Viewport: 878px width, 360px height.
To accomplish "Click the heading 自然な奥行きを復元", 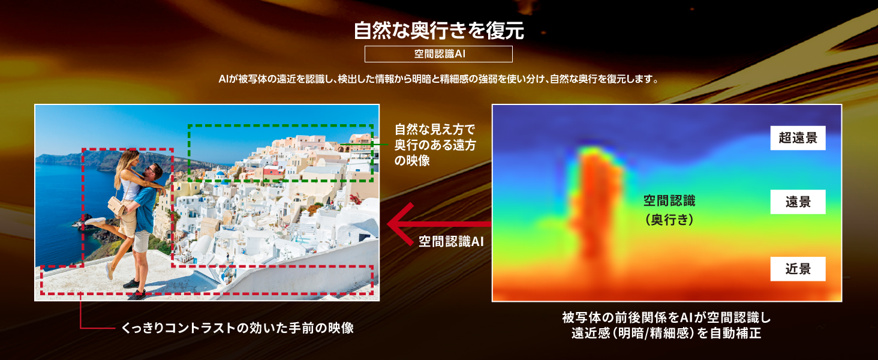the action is tap(438, 31).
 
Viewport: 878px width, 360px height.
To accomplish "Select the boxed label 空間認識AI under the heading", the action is tap(438, 54).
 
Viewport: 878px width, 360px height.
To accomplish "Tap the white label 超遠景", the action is tap(798, 138).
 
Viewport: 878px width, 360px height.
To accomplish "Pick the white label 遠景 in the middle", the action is tap(798, 202).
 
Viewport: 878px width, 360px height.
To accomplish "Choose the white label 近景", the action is tap(798, 269).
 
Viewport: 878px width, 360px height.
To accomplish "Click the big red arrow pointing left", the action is tap(438, 224).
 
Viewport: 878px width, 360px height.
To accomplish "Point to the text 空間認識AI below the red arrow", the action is tap(451, 241).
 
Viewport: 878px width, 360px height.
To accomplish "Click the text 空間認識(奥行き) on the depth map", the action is tap(669, 210).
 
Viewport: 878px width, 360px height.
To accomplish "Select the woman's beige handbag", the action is tap(116, 205).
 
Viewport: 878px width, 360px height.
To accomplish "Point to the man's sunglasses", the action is tap(151, 170).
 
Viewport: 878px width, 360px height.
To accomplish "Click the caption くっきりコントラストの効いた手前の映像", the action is tap(237, 328).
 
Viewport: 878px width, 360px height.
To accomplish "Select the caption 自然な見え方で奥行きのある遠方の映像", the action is tap(435, 145).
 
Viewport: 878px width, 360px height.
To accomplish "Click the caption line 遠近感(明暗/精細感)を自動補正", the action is tap(666, 334).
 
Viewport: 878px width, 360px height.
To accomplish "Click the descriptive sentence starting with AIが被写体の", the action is tap(438, 79).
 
